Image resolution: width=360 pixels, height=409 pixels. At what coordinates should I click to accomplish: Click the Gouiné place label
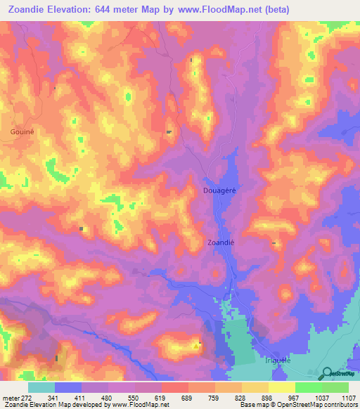click(23, 131)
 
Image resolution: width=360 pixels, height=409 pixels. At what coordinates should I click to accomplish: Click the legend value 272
click(27, 398)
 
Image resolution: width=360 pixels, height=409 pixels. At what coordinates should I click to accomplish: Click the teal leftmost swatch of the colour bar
click(41, 387)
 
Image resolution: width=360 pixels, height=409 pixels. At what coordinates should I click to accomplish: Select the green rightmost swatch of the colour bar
click(335, 387)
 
